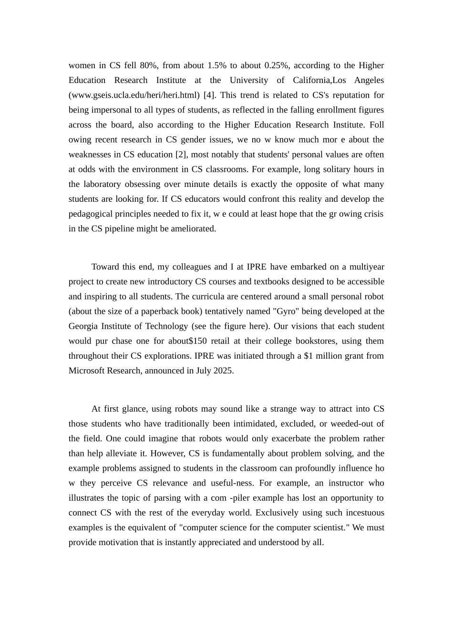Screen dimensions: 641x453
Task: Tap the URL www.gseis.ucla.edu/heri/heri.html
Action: pos(134,95)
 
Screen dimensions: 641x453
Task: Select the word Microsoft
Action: pos(87,371)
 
